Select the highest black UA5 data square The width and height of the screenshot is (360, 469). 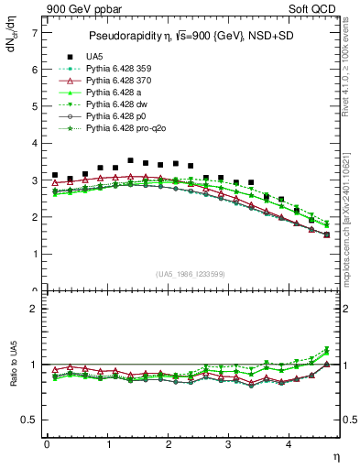coord(131,160)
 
